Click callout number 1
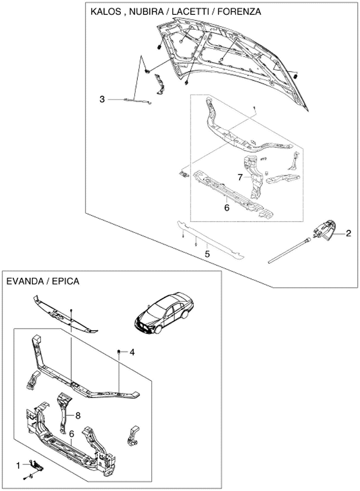click(x=19, y=465)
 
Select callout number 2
click(x=348, y=232)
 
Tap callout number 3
click(x=103, y=99)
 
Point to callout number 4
click(x=132, y=352)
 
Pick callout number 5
click(x=207, y=253)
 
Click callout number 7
click(x=240, y=177)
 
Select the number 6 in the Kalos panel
click(x=226, y=208)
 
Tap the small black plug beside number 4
click(x=119, y=351)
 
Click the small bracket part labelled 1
click(x=38, y=465)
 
